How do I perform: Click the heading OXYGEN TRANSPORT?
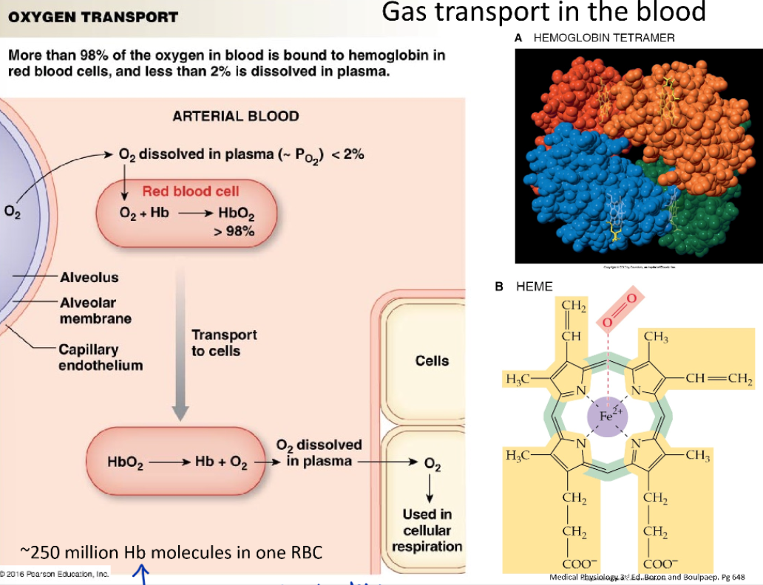[x=93, y=16]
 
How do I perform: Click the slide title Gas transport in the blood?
[x=543, y=13]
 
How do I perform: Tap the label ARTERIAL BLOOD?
[x=236, y=116]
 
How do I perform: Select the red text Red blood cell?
[x=191, y=191]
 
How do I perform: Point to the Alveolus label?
[x=89, y=278]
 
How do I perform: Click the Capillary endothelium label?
[x=101, y=357]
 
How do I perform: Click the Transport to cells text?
[x=224, y=343]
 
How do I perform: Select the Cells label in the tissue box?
[x=432, y=361]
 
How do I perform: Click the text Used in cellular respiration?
[x=427, y=530]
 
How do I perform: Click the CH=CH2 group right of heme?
[x=717, y=379]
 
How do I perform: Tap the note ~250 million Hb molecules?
[x=171, y=552]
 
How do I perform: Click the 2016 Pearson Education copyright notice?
[x=55, y=574]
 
